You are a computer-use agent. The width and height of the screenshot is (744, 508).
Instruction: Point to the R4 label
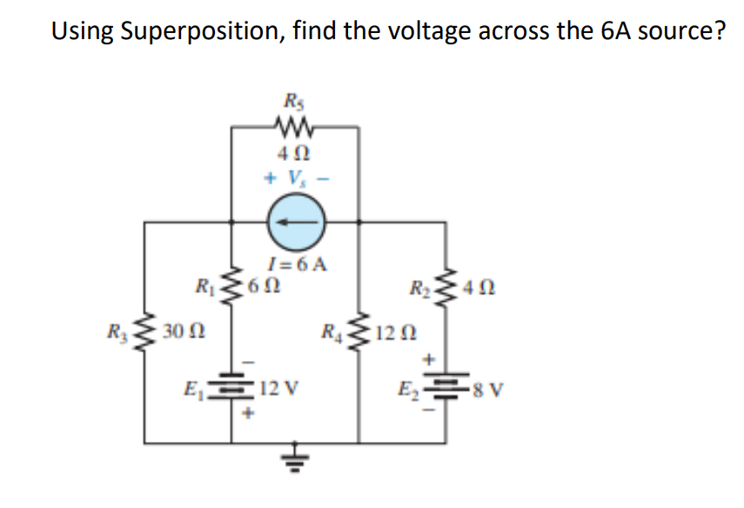click(x=332, y=331)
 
